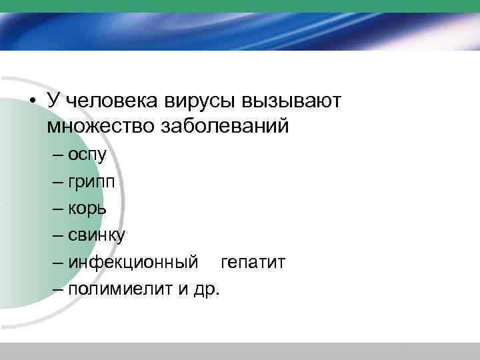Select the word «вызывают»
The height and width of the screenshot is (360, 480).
point(291,101)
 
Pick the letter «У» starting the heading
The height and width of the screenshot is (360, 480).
point(53,101)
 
